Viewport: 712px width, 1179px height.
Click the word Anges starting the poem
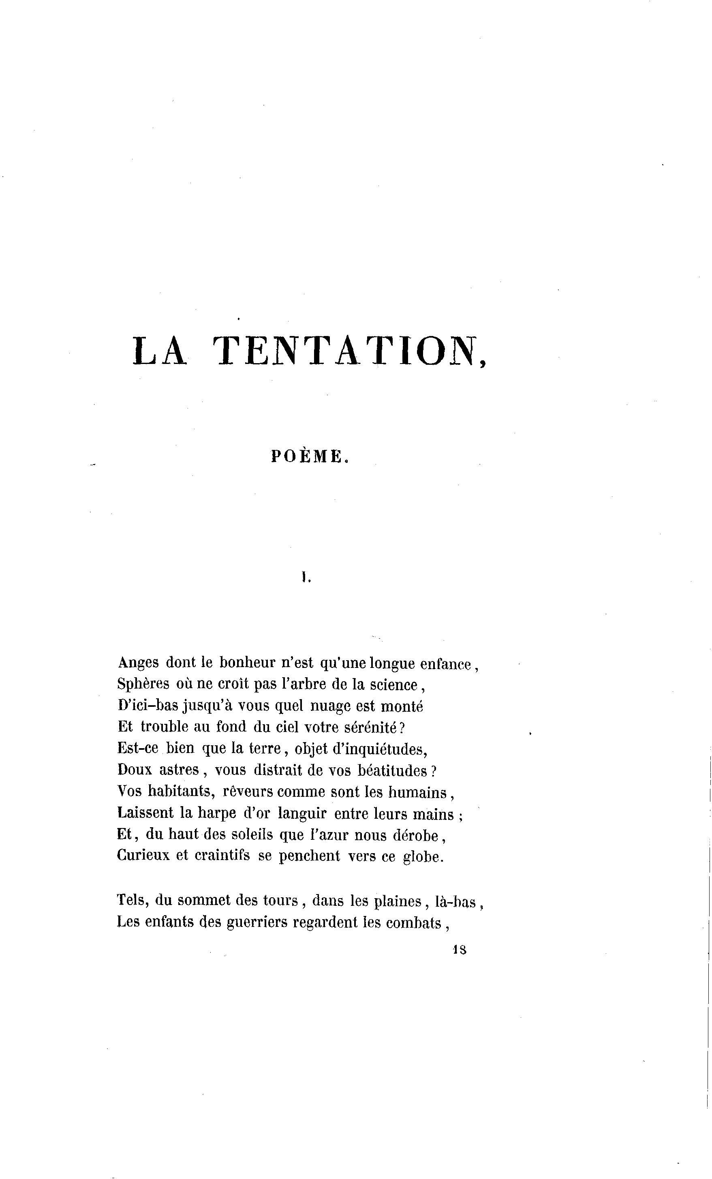[138, 663]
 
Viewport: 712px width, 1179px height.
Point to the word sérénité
[371, 728]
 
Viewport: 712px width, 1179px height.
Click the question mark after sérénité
[402, 728]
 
